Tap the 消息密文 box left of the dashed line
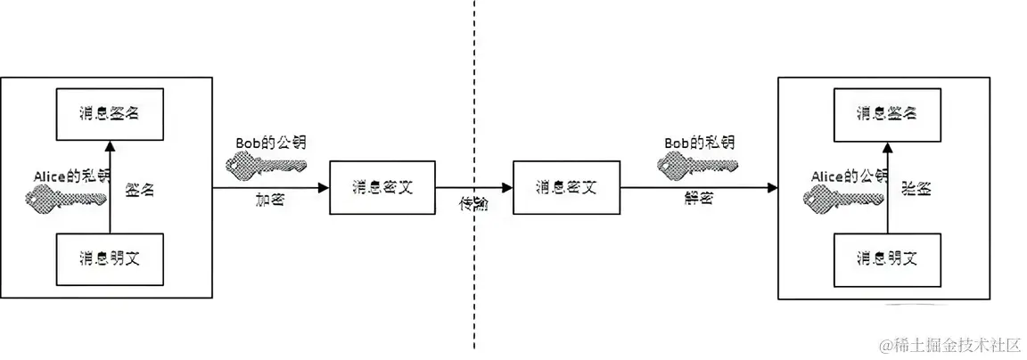(x=382, y=187)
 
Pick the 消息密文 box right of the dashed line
(x=566, y=187)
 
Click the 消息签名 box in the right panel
(x=887, y=113)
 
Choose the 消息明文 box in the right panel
(x=887, y=259)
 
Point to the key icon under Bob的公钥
(x=266, y=164)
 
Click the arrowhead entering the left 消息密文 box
(x=324, y=187)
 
